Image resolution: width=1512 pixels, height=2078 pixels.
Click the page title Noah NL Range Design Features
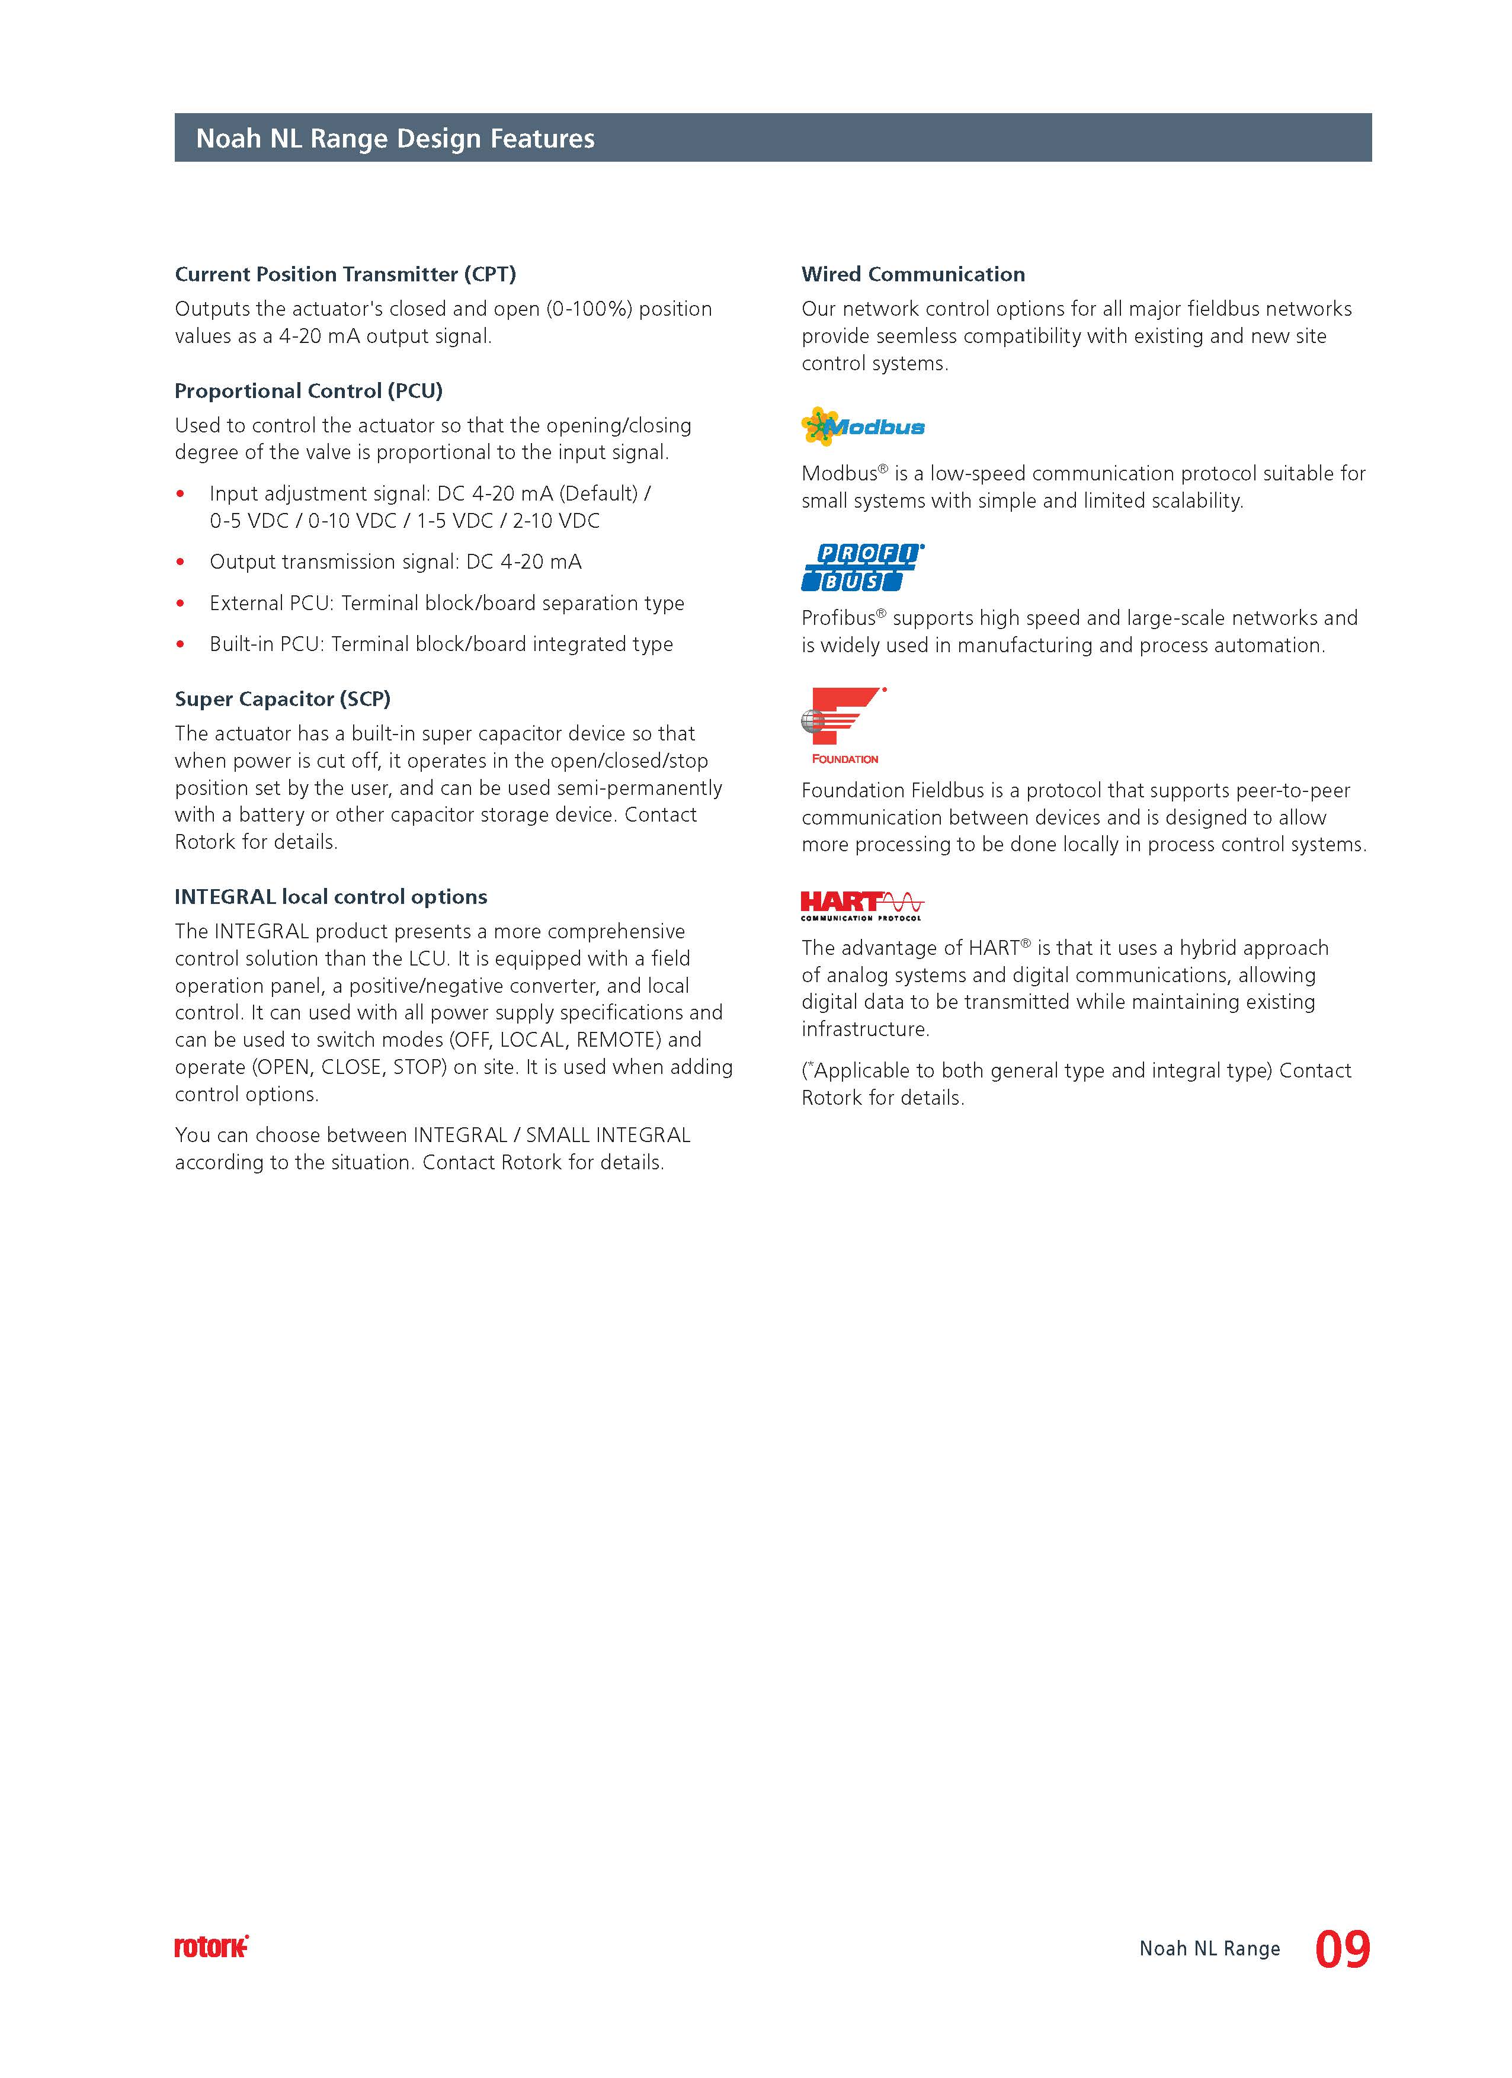395,139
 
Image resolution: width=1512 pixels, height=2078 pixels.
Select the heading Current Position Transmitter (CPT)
345,274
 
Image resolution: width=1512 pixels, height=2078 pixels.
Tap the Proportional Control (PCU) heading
309,391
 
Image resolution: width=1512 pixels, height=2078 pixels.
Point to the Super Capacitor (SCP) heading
282,699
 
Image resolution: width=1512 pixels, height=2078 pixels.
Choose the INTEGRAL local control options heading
331,897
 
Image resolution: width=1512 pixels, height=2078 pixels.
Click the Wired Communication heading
912,274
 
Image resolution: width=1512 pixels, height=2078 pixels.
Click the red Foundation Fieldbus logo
844,724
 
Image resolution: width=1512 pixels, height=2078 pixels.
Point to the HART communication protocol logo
861,905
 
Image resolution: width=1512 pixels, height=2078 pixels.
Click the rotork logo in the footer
211,1948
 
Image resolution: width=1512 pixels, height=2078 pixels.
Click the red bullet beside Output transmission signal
181,563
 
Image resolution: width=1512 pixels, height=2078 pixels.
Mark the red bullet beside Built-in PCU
181,645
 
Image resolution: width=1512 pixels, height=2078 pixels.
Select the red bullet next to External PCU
181,604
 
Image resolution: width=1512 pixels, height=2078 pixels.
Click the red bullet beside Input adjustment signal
181,495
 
